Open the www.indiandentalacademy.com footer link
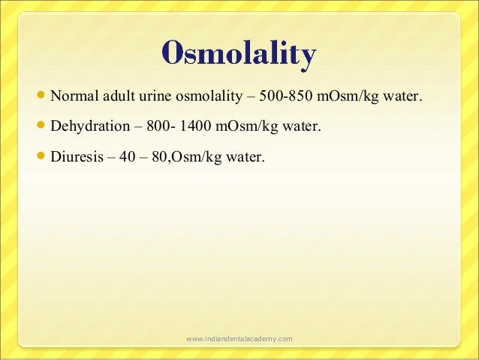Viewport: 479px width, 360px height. (x=239, y=340)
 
